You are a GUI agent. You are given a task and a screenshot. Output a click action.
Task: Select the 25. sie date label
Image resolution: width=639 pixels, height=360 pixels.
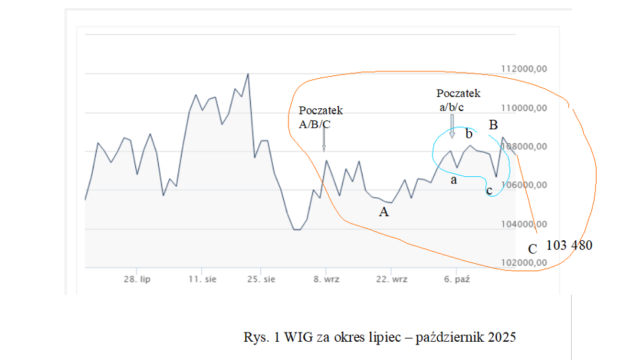pos(261,279)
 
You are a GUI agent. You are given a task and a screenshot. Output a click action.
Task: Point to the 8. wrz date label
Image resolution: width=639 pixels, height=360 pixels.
pos(326,279)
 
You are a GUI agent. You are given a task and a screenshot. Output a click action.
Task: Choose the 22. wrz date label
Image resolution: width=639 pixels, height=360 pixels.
pos(391,279)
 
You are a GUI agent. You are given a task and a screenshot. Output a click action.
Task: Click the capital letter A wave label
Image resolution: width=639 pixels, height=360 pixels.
pos(383,213)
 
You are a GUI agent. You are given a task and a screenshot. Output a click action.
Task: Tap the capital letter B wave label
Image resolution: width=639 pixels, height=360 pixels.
pos(493,124)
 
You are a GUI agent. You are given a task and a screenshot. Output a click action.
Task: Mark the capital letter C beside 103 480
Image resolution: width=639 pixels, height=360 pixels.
pos(532,249)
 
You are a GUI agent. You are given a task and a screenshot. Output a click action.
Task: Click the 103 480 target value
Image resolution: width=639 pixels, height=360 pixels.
pos(569,246)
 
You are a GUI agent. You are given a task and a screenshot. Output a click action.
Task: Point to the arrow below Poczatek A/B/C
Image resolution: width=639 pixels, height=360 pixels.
pos(324,139)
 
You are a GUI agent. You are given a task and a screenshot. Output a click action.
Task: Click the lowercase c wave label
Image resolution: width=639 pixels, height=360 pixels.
pos(489,191)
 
